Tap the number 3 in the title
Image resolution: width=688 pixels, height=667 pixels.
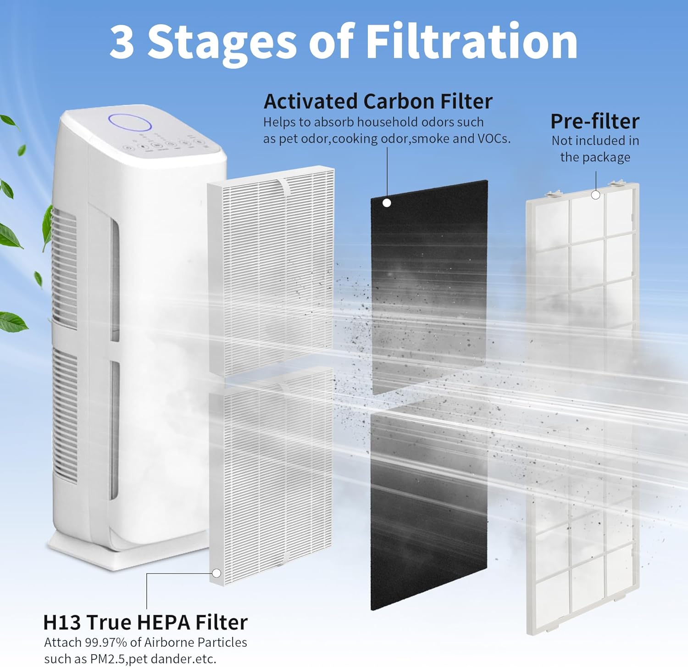122,42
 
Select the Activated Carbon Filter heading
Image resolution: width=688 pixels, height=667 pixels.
377,101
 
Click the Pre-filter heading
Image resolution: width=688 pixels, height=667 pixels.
594,122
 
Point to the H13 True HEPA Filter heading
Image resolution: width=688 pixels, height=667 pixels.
145,623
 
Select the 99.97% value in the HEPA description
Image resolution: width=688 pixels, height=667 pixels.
106,642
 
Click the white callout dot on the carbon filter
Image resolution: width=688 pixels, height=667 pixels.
387,203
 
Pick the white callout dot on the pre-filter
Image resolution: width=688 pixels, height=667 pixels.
595,195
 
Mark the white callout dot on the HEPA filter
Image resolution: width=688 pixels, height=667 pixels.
216,573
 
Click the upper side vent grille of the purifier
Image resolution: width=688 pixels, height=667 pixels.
64,266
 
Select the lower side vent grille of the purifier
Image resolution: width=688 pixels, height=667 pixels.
65,413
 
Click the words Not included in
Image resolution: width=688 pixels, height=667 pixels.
595,140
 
